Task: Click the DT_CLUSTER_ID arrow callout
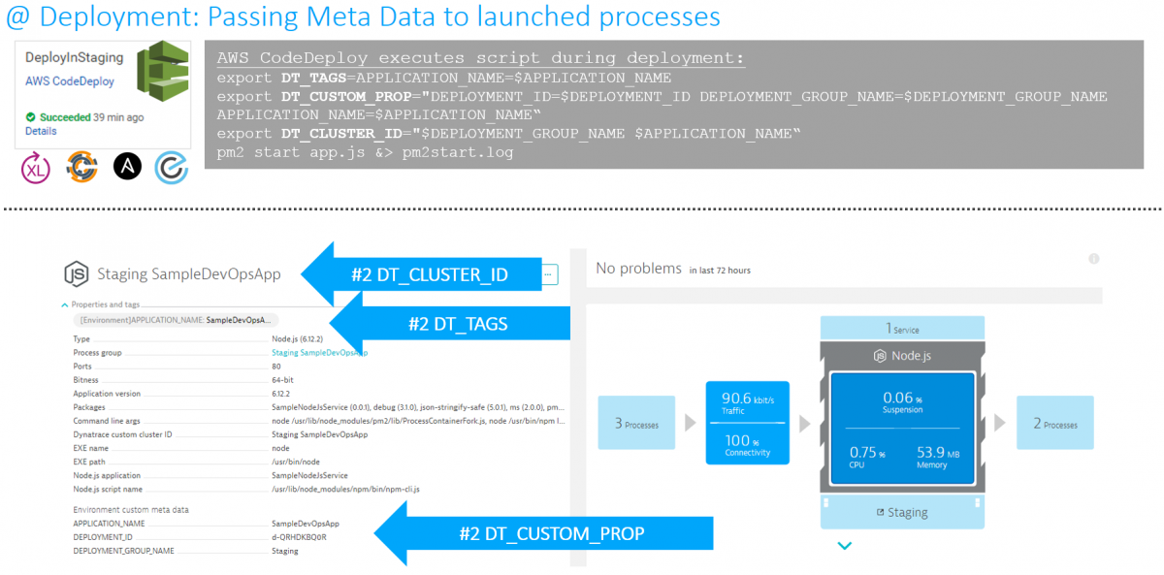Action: pos(427,274)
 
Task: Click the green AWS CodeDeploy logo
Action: pos(161,74)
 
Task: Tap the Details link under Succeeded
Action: pos(41,131)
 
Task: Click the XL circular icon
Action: pos(36,168)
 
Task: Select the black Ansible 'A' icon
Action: pos(128,167)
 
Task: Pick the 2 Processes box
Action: pos(1055,424)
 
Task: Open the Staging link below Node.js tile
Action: pos(902,512)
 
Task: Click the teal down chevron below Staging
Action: pos(844,546)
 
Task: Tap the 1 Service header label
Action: pos(902,329)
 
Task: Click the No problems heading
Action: pos(639,269)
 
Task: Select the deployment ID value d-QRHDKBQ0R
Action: pos(299,536)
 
